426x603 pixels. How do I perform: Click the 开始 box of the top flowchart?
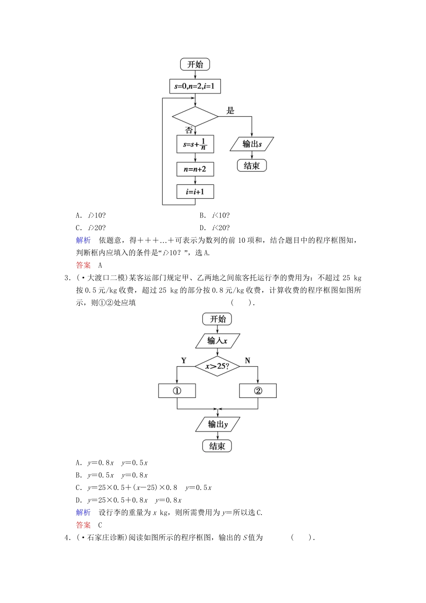[x=195, y=64]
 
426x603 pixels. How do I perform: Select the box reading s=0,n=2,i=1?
[x=195, y=86]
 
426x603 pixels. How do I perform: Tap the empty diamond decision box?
[x=195, y=117]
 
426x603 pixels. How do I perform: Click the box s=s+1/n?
[x=195, y=144]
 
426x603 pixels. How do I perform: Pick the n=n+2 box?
[x=195, y=169]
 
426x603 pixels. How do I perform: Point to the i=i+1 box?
[x=195, y=192]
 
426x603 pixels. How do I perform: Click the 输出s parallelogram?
[x=252, y=144]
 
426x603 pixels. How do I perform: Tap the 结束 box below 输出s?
[x=252, y=166]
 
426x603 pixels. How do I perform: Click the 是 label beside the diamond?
[x=230, y=110]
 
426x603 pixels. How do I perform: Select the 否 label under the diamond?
[x=189, y=130]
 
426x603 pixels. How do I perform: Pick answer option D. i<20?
[x=215, y=228]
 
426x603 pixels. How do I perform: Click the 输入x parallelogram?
[x=217, y=341]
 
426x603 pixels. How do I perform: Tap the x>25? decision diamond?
[x=217, y=366]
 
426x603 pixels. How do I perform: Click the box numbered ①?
[x=177, y=391]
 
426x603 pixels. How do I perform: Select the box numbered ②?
[x=258, y=391]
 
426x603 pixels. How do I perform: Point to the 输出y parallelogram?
[x=218, y=424]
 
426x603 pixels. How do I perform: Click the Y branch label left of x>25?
[x=183, y=360]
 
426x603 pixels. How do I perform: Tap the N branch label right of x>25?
[x=248, y=360]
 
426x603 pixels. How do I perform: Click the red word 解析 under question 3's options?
[x=83, y=512]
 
